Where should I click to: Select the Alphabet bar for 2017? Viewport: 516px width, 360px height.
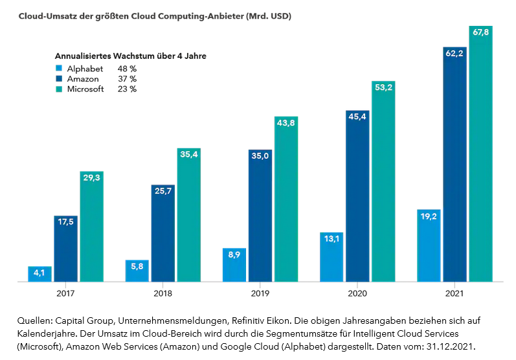[39, 274]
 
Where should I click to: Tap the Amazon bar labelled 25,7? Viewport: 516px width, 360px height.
[163, 233]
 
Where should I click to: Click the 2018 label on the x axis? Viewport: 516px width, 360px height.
[163, 293]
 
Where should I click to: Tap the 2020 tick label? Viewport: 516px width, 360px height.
[357, 293]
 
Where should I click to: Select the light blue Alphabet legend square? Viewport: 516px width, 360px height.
[59, 68]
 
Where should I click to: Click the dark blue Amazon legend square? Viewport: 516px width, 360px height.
[59, 78]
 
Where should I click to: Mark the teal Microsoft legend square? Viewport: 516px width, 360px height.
[59, 89]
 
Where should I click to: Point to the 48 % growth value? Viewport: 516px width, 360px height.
[127, 68]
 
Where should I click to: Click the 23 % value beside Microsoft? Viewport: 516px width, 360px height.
[127, 89]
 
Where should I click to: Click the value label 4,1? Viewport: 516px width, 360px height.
[39, 273]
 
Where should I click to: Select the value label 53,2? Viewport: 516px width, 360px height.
[383, 87]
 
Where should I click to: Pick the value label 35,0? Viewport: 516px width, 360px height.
[260, 156]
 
